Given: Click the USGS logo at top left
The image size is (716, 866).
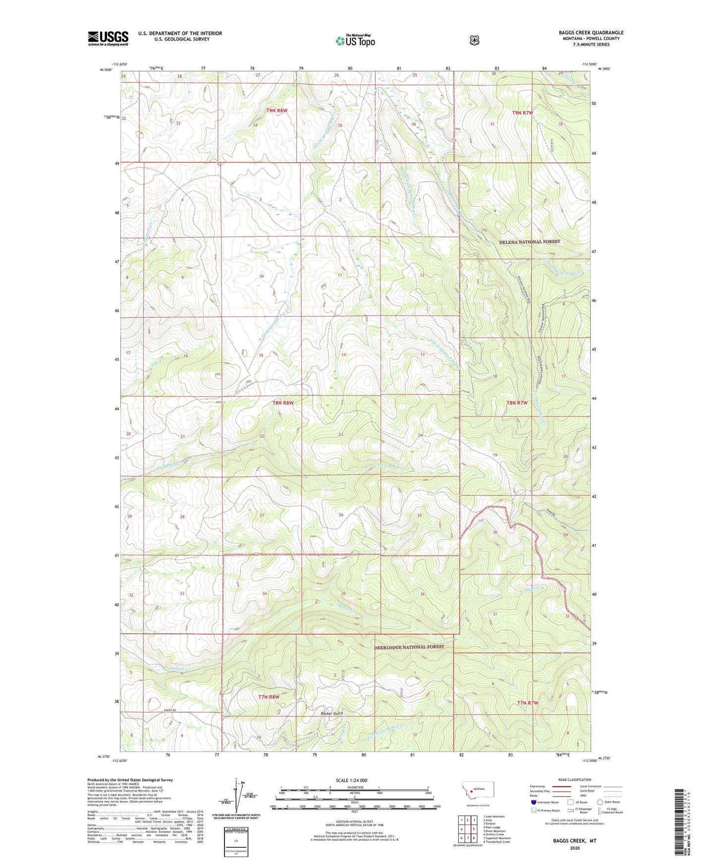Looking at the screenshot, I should click(x=108, y=38).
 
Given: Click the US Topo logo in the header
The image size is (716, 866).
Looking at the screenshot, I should click(x=355, y=41).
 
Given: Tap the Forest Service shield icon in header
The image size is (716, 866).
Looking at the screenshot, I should click(x=475, y=40).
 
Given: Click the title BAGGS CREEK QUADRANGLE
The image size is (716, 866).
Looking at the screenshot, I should click(x=591, y=33).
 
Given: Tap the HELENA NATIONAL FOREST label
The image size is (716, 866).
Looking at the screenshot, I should click(x=530, y=242).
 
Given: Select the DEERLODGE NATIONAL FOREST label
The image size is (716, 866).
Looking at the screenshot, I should click(x=409, y=647).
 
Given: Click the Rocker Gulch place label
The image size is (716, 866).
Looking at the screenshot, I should click(x=332, y=713).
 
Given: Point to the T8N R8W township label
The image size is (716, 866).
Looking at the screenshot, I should click(x=283, y=403).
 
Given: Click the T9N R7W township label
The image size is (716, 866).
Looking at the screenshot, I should click(x=522, y=113).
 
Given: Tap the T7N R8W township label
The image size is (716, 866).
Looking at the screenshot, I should click(x=269, y=697).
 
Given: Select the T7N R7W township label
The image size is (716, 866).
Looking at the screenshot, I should click(x=527, y=703).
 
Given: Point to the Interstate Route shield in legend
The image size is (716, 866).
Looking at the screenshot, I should click(x=533, y=802).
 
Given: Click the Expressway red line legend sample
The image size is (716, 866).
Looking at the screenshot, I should click(x=559, y=786).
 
